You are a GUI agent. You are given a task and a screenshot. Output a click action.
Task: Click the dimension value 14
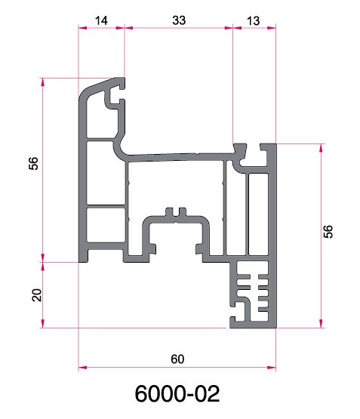(x=101, y=20)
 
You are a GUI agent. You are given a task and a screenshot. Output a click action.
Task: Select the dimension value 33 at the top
(x=179, y=20)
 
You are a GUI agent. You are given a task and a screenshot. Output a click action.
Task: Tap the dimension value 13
(x=253, y=21)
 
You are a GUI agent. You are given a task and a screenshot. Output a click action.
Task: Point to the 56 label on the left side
(x=33, y=164)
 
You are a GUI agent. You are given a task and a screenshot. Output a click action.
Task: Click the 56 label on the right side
(x=328, y=232)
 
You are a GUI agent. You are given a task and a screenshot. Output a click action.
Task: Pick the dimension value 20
(x=37, y=295)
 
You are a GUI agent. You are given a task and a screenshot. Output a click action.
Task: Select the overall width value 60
(x=177, y=359)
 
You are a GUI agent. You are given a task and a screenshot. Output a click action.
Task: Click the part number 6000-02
(x=177, y=393)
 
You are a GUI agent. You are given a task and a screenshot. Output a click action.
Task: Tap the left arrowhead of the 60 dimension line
(x=82, y=368)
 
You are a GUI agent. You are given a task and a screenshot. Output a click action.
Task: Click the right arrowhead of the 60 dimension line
(x=272, y=368)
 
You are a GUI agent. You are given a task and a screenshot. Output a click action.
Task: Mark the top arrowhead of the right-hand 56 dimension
(x=322, y=148)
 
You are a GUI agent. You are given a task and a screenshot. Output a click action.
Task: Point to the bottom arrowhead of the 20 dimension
(x=43, y=324)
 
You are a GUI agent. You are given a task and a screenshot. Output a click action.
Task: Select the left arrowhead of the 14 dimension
(x=83, y=27)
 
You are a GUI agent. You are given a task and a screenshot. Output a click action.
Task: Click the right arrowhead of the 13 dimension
(x=272, y=27)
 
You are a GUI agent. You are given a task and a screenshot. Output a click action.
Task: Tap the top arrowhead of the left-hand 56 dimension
(x=43, y=82)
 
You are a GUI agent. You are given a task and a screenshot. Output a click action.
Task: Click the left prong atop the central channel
(x=169, y=211)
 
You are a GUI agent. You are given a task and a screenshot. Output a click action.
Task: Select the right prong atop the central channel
(x=183, y=211)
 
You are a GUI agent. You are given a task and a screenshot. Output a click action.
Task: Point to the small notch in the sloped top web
(x=197, y=154)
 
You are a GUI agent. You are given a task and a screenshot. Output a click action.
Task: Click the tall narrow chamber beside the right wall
(x=258, y=214)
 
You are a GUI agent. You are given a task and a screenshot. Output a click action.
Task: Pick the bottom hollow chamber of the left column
(x=106, y=225)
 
